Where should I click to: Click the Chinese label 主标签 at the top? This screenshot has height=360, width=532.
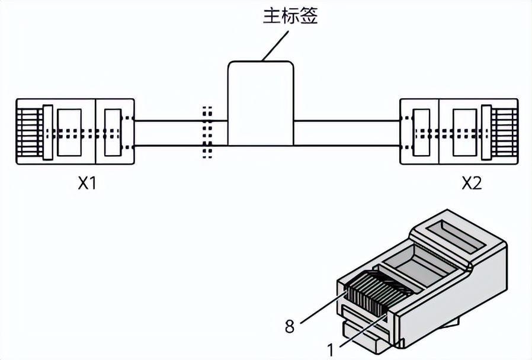(290, 16)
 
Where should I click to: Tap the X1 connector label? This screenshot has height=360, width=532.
(87, 184)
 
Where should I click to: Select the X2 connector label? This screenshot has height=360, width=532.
(472, 184)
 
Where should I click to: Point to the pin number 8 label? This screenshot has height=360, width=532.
(290, 327)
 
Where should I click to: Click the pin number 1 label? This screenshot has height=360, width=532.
(331, 350)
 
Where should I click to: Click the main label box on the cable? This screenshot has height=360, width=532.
(261, 104)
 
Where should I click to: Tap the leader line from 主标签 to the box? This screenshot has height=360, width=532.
(275, 46)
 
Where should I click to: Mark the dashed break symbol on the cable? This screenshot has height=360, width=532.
(207, 133)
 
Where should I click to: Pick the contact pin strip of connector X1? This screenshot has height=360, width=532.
(30, 132)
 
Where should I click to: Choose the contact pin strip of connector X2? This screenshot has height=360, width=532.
(504, 132)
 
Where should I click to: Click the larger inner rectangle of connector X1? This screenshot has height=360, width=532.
(69, 133)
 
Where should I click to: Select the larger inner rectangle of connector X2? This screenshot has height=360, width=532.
(466, 133)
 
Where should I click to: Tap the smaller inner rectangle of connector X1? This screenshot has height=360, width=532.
(113, 133)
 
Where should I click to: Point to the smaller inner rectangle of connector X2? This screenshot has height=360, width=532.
(421, 133)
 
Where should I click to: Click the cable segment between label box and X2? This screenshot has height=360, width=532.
(347, 133)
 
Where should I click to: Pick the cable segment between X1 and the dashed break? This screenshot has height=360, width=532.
(169, 133)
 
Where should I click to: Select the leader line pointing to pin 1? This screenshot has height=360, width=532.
(363, 331)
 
